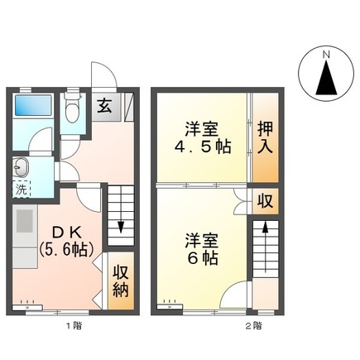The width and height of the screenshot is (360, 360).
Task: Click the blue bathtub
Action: [x=35, y=106]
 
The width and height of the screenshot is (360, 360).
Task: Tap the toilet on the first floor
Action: [x=74, y=109]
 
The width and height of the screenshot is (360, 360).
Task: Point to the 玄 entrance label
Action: [x=106, y=104]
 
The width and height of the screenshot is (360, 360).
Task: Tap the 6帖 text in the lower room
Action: [x=201, y=257]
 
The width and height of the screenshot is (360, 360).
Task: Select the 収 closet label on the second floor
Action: [x=264, y=202]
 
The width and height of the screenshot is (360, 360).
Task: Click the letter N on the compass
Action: [x=326, y=55]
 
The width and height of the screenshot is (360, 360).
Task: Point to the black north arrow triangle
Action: [x=326, y=81]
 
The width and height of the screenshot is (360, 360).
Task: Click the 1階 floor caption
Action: [x=73, y=325]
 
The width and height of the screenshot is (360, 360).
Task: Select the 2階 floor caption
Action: [x=252, y=325]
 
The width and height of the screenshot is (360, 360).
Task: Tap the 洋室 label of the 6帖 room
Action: [x=201, y=240]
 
